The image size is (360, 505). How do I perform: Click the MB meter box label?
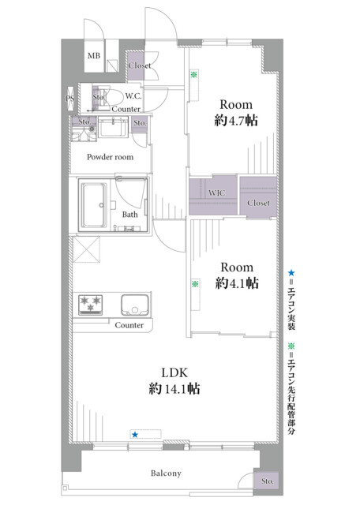pyautogui.click(x=94, y=56)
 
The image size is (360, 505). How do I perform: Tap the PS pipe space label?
pyautogui.click(x=70, y=98)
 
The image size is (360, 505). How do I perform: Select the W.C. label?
pyautogui.click(x=133, y=96)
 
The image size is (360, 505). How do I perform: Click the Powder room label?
pyautogui.click(x=110, y=157)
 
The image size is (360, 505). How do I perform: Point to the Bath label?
pyautogui.click(x=130, y=215)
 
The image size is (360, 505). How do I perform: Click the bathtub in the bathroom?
pyautogui.click(x=94, y=205)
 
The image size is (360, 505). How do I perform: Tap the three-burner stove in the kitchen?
pyautogui.click(x=91, y=305)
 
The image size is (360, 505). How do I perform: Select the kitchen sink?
pyautogui.click(x=135, y=305)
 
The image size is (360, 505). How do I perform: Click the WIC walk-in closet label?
pyautogui.click(x=216, y=193)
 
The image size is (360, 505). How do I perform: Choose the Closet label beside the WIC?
pyautogui.click(x=258, y=203)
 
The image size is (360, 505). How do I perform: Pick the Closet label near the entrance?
pyautogui.click(x=140, y=65)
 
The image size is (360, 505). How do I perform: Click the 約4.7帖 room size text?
pyautogui.click(x=236, y=121)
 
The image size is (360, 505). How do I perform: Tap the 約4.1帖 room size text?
pyautogui.click(x=237, y=283)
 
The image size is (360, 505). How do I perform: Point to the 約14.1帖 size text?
pyautogui.click(x=174, y=389)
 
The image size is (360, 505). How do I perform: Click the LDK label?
pyautogui.click(x=174, y=373)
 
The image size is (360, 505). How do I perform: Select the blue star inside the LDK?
pyautogui.click(x=135, y=435)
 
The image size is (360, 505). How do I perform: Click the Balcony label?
pyautogui.click(x=166, y=473)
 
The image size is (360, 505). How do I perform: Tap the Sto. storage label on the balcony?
pyautogui.click(x=267, y=481)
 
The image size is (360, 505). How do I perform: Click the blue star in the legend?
pyautogui.click(x=291, y=273)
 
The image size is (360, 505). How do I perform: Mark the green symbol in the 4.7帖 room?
pyautogui.click(x=193, y=75)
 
